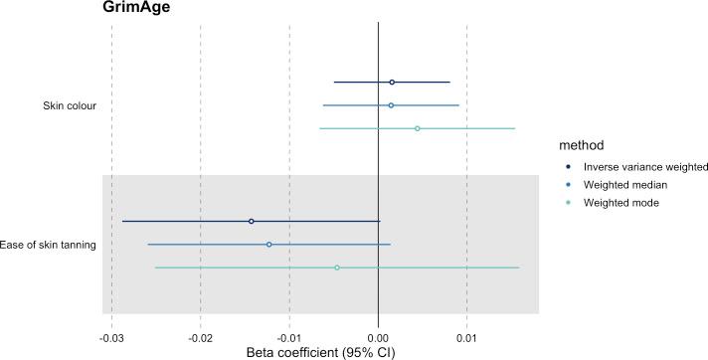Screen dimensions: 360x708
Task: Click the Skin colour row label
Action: click(x=69, y=105)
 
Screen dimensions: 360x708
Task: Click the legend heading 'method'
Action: click(x=580, y=144)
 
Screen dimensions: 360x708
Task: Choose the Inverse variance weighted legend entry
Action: click(x=631, y=166)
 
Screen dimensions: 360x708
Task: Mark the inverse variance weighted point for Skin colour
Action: click(x=392, y=83)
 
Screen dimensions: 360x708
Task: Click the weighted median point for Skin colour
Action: click(x=391, y=105)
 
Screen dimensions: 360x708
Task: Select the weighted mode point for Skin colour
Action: click(x=417, y=128)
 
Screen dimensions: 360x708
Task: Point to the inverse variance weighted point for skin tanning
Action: click(x=251, y=221)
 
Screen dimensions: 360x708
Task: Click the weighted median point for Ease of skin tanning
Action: click(x=268, y=245)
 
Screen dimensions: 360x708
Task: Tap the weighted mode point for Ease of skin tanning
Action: click(x=337, y=268)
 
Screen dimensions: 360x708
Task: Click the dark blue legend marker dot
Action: click(x=566, y=166)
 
